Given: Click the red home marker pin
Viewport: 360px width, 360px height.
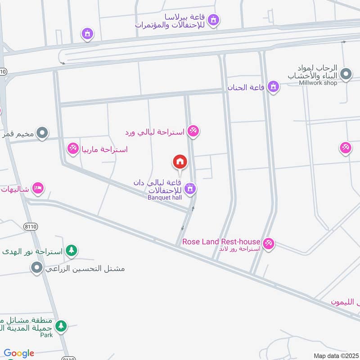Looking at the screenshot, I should pyautogui.click(x=180, y=162).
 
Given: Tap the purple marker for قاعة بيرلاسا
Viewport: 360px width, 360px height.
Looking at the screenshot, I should pyautogui.click(x=214, y=19).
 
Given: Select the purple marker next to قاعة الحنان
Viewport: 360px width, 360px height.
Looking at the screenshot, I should pyautogui.click(x=273, y=86).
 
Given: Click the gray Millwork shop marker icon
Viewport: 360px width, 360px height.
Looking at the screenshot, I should pyautogui.click(x=346, y=74).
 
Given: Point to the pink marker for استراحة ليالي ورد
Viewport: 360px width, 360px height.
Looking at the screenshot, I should pyautogui.click(x=193, y=131).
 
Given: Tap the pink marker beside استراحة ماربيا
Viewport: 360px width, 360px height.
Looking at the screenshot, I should pyautogui.click(x=73, y=148).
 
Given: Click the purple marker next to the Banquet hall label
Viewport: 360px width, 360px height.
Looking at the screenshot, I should pyautogui.click(x=190, y=189).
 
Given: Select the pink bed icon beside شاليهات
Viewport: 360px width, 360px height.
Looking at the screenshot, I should pyautogui.click(x=38, y=188).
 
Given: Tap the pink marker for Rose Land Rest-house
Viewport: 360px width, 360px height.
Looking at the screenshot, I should pyautogui.click(x=269, y=243).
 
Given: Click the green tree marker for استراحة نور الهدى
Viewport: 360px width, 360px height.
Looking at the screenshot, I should pyautogui.click(x=71, y=250).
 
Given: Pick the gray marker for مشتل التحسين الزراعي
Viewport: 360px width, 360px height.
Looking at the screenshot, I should pyautogui.click(x=36, y=268).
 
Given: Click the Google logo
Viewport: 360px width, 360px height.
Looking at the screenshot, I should pyautogui.click(x=19, y=353).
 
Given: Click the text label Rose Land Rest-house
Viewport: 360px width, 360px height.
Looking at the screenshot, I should pyautogui.click(x=221, y=242).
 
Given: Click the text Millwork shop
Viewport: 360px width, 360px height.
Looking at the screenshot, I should pyautogui.click(x=318, y=83).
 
